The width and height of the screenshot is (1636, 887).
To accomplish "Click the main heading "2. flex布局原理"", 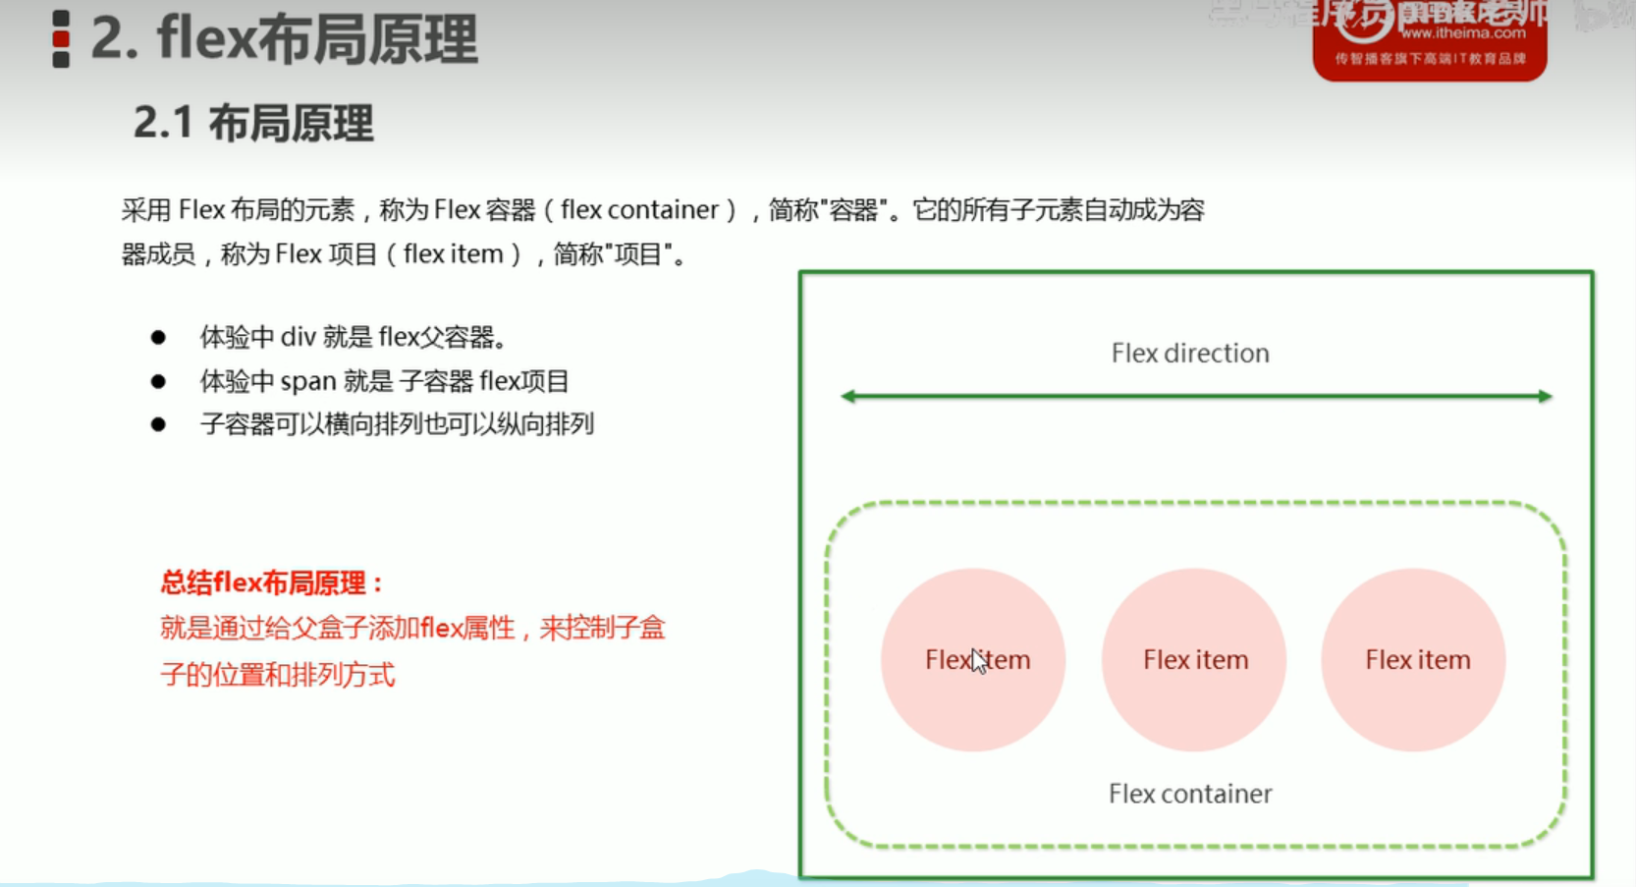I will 284,39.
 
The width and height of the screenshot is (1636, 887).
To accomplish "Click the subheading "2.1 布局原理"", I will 253,124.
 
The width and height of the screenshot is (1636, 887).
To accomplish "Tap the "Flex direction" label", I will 1189,354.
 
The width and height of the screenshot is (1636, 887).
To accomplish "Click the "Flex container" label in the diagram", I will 1189,794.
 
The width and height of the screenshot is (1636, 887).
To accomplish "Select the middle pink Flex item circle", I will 1194,660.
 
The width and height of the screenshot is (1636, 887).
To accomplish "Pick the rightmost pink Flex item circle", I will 1414,660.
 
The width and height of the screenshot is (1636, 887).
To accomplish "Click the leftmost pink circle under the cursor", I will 972,660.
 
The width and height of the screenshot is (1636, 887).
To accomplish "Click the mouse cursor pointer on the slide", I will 978,661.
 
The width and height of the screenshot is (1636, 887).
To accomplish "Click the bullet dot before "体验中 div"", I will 158,338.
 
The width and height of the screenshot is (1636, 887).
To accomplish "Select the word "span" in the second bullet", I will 308,381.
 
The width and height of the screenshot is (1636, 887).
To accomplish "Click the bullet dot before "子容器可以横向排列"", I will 158,424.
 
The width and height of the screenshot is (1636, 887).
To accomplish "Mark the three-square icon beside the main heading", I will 61,39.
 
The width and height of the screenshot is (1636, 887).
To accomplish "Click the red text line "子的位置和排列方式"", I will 278,676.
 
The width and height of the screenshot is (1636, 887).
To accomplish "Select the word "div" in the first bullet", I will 299,338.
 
